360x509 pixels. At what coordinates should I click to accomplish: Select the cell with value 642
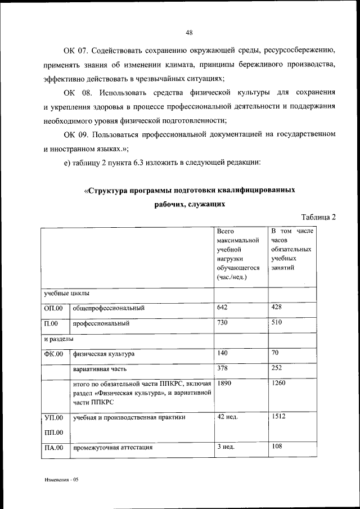tap(223, 307)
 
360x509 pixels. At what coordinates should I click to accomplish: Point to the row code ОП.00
tap(53, 308)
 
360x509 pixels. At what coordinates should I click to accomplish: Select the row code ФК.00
tap(53, 354)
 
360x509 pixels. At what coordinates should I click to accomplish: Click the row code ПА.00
tap(53, 448)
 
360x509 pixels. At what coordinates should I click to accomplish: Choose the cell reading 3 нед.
tap(226, 448)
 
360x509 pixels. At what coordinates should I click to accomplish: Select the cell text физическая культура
tap(103, 354)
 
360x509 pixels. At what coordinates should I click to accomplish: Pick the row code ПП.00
tap(53, 432)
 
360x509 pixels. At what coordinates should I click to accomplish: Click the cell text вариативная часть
tap(99, 370)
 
